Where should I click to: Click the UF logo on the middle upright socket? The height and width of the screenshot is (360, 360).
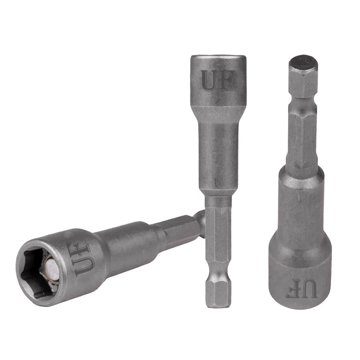click(217, 80)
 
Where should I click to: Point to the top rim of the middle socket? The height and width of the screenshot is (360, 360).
click(218, 58)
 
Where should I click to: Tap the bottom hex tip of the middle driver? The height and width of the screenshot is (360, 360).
click(218, 295)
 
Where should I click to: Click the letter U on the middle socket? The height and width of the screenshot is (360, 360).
click(210, 80)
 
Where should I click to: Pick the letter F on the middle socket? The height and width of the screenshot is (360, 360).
click(225, 80)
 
